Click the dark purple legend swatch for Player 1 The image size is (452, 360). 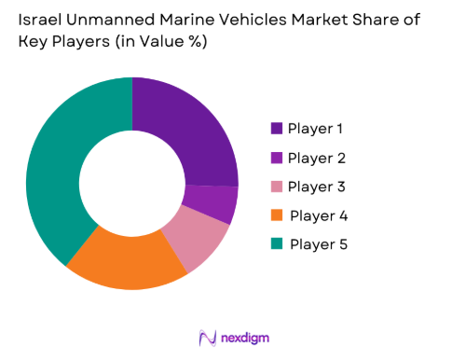point(277,128)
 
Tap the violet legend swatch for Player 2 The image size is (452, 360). point(277,157)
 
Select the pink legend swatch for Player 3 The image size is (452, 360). point(277,186)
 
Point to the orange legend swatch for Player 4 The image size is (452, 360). point(277,215)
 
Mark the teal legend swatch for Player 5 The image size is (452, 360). point(277,244)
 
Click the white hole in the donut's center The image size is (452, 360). point(131,184)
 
